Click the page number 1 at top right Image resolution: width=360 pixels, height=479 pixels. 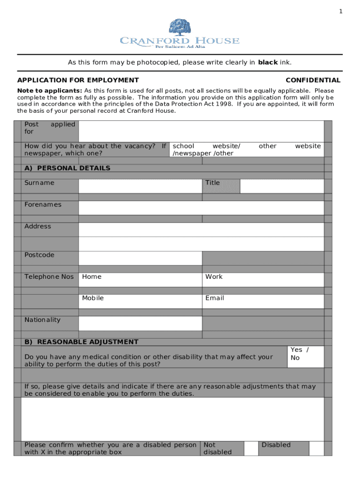[x=341, y=12]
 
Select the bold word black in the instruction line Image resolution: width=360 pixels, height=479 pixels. [x=267, y=62]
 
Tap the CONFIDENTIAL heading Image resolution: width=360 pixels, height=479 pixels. [x=313, y=80]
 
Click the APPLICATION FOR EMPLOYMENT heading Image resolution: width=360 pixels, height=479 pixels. [x=78, y=80]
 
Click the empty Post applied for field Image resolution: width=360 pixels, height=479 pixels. [x=201, y=131]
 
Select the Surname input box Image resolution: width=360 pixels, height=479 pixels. [x=140, y=186]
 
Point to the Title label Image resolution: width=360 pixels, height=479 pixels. [x=212, y=183]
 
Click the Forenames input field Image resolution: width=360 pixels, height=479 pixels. [x=201, y=208]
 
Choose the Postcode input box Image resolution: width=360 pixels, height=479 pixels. [x=140, y=258]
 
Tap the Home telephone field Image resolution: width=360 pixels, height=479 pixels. [x=140, y=280]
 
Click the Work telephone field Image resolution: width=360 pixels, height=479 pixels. [x=263, y=280]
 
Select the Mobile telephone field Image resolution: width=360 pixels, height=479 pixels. [x=140, y=301]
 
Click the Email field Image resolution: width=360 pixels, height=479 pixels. [x=263, y=301]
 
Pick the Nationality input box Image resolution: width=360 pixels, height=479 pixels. [x=140, y=323]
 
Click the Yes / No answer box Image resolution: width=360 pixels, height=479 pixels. [x=305, y=357]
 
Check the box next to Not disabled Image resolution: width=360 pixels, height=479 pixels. [x=251, y=448]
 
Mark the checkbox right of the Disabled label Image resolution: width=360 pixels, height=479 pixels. [x=317, y=448]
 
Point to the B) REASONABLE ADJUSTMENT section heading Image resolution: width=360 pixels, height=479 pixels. [x=81, y=342]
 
